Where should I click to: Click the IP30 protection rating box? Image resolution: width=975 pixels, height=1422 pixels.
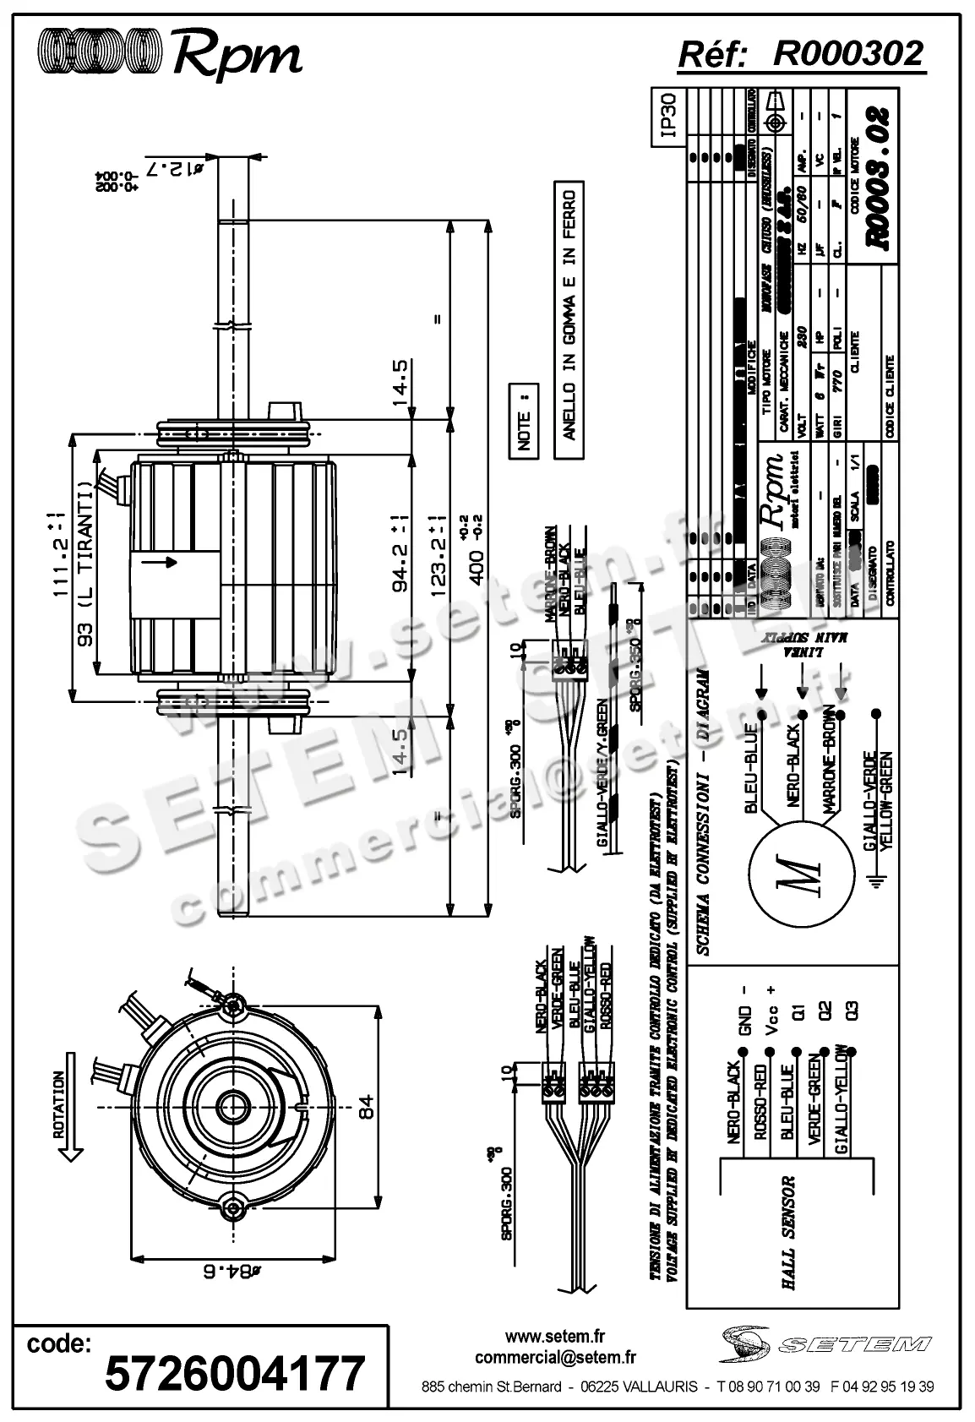[x=667, y=115]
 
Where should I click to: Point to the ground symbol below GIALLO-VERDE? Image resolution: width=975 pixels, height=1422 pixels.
[x=880, y=883]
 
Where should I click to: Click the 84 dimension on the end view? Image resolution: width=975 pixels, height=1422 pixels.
[x=366, y=1107]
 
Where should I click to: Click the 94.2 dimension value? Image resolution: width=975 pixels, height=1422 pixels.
[x=404, y=564]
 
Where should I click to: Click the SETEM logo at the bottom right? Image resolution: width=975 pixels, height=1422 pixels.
[x=827, y=1343]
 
